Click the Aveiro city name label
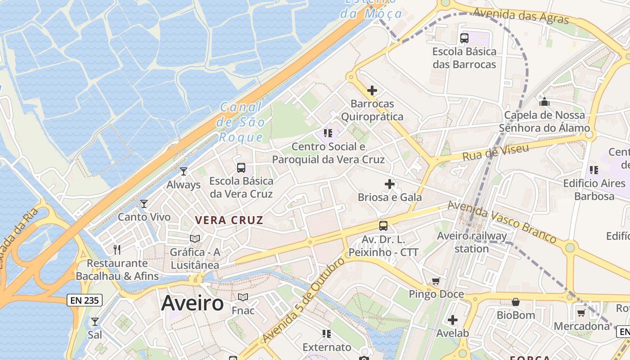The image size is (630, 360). [192, 303]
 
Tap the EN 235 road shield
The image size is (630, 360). [85, 300]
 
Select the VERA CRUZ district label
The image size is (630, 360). [229, 220]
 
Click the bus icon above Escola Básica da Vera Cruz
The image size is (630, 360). [241, 168]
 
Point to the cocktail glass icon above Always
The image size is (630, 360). [183, 171]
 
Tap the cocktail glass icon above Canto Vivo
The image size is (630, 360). [144, 204]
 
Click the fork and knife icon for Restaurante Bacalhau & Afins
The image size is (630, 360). [117, 250]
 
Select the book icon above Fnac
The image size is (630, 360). [243, 297]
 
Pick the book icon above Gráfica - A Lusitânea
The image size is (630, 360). [195, 239]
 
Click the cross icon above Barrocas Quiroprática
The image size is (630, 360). [372, 90]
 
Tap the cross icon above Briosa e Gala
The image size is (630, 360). [390, 184]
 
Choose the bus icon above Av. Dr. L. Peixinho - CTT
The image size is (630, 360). [383, 226]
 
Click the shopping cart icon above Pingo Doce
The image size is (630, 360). [436, 281]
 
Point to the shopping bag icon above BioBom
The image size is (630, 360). [516, 302]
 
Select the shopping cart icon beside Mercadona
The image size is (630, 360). [581, 313]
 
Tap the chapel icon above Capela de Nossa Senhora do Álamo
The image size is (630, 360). [544, 102]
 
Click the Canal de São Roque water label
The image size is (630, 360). [240, 122]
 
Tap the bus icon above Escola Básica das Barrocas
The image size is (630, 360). [464, 38]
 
